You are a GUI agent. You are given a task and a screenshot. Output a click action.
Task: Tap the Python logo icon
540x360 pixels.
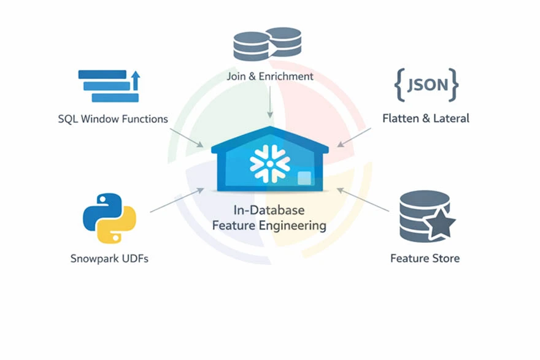click(x=109, y=218)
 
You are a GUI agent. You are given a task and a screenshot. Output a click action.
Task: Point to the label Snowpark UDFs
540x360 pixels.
click(x=109, y=258)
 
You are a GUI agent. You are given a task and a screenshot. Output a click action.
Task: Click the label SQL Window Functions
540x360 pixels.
click(x=113, y=119)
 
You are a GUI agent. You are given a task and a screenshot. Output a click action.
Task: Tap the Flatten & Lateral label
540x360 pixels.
click(x=425, y=118)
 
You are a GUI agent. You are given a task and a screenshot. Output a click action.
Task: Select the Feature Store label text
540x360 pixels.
click(x=425, y=258)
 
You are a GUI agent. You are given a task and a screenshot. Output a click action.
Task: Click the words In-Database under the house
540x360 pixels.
click(x=269, y=210)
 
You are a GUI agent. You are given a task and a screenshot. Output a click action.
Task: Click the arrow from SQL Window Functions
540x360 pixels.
click(x=187, y=138)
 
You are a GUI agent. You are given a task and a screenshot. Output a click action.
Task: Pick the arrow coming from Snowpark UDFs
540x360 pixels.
click(x=177, y=201)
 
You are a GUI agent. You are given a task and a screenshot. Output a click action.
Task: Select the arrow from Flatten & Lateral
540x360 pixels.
click(x=353, y=138)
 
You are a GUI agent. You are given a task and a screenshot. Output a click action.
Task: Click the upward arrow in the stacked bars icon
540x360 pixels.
click(x=136, y=80)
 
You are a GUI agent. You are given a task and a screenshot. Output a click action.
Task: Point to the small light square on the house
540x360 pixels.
click(x=304, y=178)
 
